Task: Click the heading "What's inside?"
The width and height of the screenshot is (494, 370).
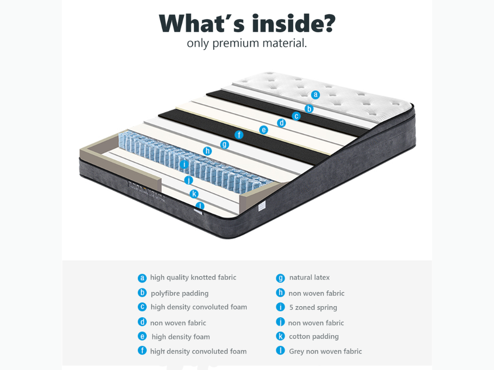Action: pos(247,23)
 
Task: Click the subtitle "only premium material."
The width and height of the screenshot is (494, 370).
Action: pos(247,43)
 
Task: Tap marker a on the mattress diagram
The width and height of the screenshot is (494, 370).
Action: pos(315,95)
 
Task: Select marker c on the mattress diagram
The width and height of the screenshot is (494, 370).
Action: pos(296,116)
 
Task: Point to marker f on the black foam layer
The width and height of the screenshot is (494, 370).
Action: pos(239,135)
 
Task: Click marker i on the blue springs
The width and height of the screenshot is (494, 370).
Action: pos(184,164)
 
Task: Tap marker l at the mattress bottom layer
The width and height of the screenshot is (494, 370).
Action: pos(200,206)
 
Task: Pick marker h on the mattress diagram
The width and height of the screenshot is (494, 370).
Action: pos(208,151)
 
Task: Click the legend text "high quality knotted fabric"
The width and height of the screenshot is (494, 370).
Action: pos(193,277)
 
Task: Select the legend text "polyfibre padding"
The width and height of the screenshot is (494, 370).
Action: pos(180,293)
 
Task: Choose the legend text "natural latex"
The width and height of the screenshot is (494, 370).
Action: pos(309,277)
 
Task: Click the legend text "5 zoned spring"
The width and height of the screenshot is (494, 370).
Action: pos(313,307)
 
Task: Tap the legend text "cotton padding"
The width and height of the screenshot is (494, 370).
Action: pos(314,336)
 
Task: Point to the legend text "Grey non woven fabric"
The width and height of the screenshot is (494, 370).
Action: pos(325,351)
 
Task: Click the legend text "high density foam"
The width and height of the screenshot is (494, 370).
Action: pos(181,337)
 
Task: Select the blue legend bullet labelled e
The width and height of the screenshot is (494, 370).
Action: pos(142,337)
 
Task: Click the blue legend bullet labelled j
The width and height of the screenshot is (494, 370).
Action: pos(280,322)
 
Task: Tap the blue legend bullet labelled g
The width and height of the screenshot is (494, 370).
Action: pos(280,278)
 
